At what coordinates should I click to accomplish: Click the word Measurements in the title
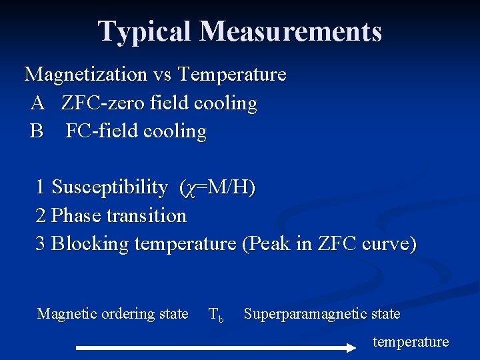coord(290,31)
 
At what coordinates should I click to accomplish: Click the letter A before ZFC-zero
coord(37,103)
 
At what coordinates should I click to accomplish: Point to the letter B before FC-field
coord(37,131)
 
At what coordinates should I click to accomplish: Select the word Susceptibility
coord(109,187)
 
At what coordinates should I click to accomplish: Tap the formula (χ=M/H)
coord(217,188)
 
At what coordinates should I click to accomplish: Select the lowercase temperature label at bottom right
coord(411,342)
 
